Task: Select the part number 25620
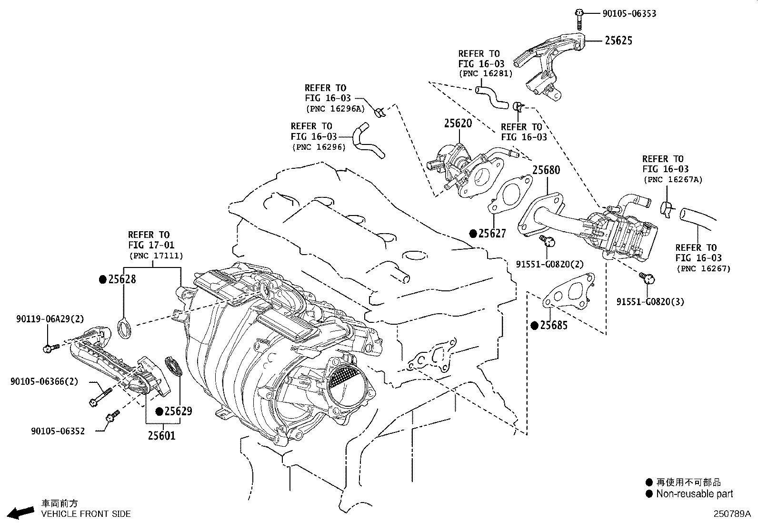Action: coord(458,123)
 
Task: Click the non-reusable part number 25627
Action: coord(492,234)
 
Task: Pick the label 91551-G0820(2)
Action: coord(549,264)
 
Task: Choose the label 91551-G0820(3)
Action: coord(650,302)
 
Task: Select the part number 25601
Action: coord(161,435)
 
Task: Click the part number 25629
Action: coord(178,411)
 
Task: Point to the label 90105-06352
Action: coord(58,431)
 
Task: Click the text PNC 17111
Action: coord(156,256)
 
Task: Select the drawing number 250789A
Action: coord(731,514)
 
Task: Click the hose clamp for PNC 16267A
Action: coord(666,208)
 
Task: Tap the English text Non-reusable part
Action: coord(694,494)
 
